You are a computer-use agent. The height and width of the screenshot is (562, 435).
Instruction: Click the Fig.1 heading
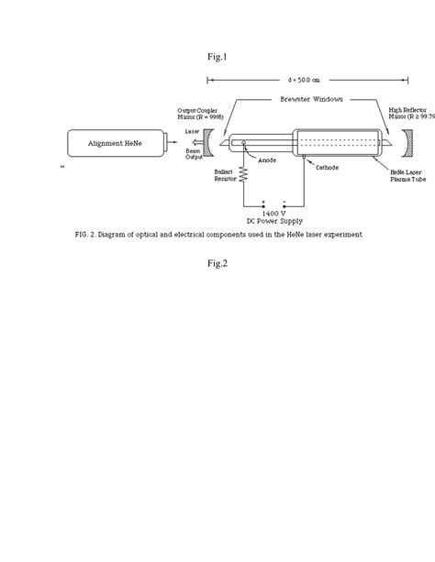point(217,58)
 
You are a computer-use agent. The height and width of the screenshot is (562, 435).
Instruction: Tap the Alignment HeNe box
point(114,144)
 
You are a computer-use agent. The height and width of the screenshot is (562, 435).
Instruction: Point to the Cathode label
point(327,169)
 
